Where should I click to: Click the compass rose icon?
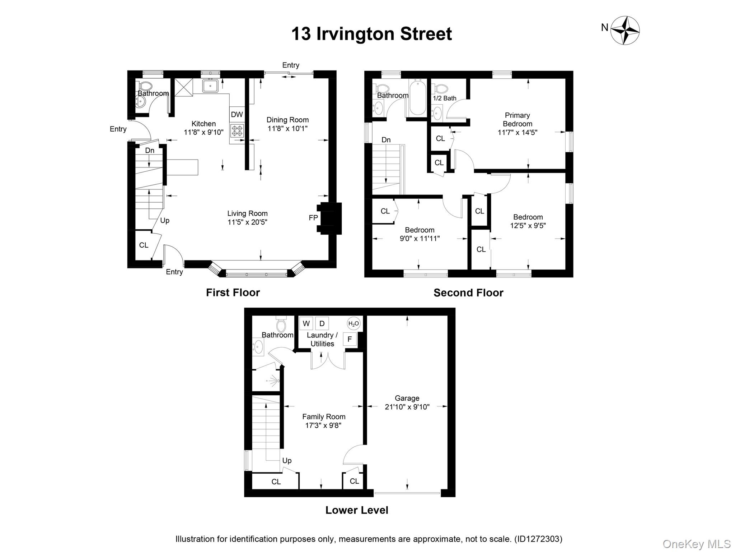[x=625, y=30]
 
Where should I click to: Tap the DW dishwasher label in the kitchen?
[x=237, y=115]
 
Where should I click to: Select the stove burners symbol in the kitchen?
[x=237, y=130]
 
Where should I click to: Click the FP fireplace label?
[x=313, y=218]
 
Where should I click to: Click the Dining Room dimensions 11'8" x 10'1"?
[x=287, y=128]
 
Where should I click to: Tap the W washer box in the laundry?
[x=306, y=323]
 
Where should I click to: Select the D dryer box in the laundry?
[x=322, y=323]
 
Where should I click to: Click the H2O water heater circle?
[x=354, y=324]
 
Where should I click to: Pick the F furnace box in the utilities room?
[x=350, y=339]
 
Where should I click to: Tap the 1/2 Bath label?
[x=445, y=98]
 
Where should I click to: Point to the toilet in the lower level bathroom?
[x=281, y=324]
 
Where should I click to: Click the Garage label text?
[x=407, y=398]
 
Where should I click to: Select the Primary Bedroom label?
[x=517, y=120]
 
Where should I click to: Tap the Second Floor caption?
[x=468, y=293]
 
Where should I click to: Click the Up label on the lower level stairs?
[x=287, y=461]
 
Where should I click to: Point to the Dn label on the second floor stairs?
[x=386, y=140]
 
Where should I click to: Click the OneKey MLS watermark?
[x=697, y=544]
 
